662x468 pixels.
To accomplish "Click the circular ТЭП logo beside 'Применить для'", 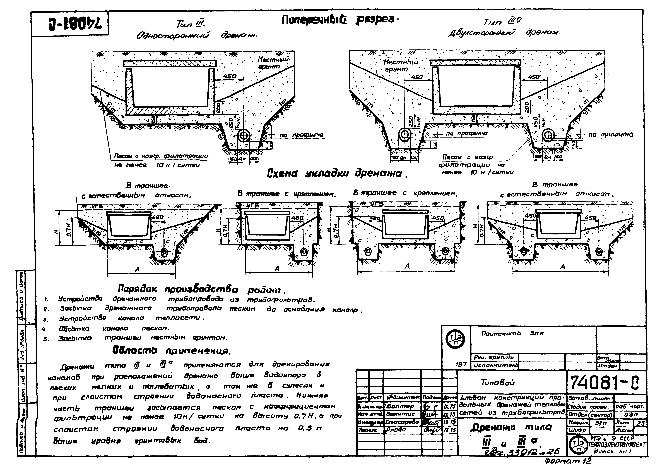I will tap(456, 338).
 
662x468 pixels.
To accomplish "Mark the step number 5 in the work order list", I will tap(46, 339).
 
